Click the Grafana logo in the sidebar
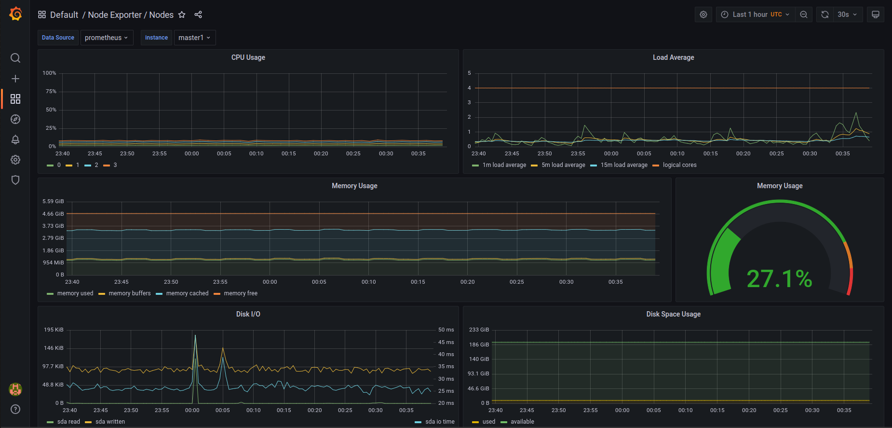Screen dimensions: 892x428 tap(15, 14)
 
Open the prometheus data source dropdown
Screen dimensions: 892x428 tap(107, 38)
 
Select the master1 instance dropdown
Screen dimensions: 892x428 tap(194, 38)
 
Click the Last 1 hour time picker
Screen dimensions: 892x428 tap(756, 14)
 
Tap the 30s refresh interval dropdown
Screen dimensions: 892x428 tap(847, 14)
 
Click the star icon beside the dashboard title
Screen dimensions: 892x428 tap(182, 14)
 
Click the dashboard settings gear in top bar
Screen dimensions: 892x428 tap(703, 14)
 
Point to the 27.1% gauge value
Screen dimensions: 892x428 tap(780, 278)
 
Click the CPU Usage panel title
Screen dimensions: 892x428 tap(248, 57)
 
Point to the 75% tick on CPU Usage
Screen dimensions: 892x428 tap(51, 91)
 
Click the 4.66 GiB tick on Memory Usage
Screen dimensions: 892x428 tap(53, 214)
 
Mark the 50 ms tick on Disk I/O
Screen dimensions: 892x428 tap(446, 330)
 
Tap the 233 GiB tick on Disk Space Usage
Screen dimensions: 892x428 tap(479, 330)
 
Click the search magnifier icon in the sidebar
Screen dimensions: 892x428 tap(15, 58)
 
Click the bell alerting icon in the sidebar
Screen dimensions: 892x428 tap(15, 139)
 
